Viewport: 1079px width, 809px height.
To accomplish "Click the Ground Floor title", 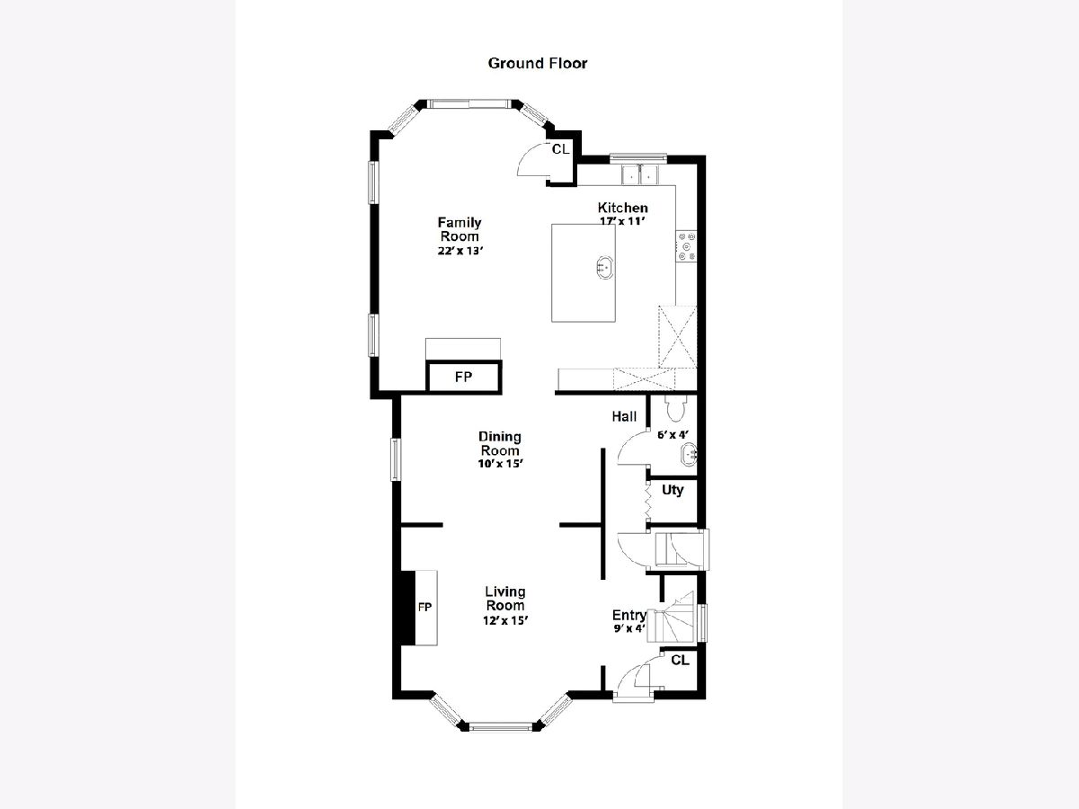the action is [x=538, y=63].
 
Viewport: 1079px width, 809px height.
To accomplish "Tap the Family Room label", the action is [x=459, y=229].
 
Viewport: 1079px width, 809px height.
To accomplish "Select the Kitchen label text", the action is [x=622, y=208].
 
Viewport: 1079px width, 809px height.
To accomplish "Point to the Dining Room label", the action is [x=499, y=443].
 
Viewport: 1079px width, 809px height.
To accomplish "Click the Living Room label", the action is [x=504, y=599].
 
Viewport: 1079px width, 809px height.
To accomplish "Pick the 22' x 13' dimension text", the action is [x=460, y=251].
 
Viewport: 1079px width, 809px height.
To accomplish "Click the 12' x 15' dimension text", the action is [x=505, y=620].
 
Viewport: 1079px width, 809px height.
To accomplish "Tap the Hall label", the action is [x=624, y=416].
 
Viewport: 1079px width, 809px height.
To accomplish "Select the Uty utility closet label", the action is [x=673, y=490].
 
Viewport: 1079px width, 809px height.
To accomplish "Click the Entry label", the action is [x=629, y=615].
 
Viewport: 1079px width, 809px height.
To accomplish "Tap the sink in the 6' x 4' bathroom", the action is [x=688, y=454].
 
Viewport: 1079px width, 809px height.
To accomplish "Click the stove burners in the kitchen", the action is [x=686, y=246].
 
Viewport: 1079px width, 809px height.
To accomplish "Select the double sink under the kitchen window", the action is [x=640, y=174].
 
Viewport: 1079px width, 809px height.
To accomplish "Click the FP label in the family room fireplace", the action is [x=464, y=377].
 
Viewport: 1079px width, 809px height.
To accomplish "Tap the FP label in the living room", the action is [x=424, y=607].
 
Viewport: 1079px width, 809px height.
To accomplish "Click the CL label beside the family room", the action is [x=560, y=149].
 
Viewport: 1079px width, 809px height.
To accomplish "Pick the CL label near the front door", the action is [x=681, y=660].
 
